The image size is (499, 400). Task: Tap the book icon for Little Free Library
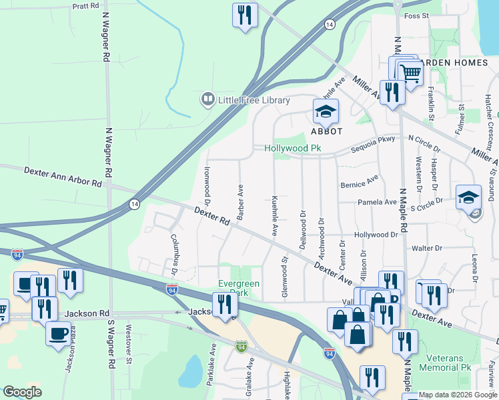click(x=207, y=100)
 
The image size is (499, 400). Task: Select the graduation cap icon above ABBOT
click(x=326, y=111)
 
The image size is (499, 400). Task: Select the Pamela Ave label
click(x=377, y=202)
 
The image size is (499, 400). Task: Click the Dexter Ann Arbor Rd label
click(x=63, y=177)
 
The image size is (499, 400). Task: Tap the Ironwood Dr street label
click(x=207, y=185)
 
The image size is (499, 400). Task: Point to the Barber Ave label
click(x=239, y=199)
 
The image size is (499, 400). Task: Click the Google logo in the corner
click(x=22, y=391)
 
